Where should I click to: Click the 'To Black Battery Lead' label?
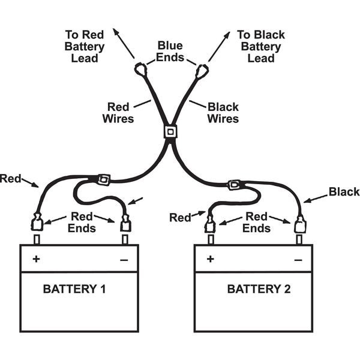point(261,46)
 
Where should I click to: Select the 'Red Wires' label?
point(118,113)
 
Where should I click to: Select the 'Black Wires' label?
point(223,113)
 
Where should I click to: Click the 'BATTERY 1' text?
point(74,289)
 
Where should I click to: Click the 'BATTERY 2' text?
point(259,289)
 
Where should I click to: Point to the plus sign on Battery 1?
point(36,259)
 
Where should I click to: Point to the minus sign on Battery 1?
point(124,260)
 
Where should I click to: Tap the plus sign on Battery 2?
point(210,259)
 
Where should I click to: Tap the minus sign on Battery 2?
point(298,260)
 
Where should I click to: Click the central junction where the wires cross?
point(170,131)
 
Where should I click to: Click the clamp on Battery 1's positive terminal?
point(36,224)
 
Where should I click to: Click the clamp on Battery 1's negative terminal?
point(125,224)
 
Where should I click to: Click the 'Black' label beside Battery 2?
point(344,193)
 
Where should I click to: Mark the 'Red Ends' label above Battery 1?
point(82,221)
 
